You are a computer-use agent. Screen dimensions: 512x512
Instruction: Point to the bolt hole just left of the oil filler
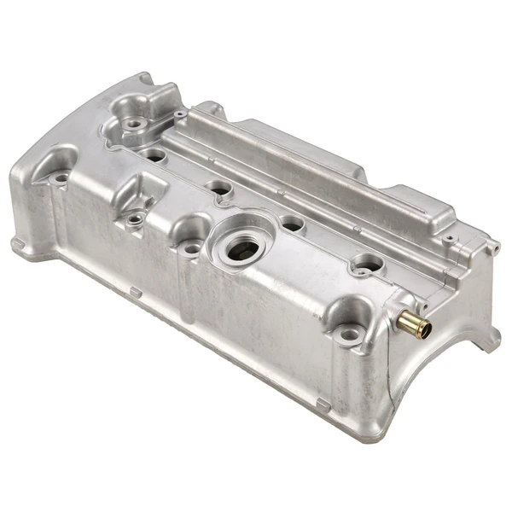coord(191,248)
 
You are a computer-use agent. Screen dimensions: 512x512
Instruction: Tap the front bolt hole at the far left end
coord(61,179)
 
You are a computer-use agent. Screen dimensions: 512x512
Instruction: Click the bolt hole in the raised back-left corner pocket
coord(133,125)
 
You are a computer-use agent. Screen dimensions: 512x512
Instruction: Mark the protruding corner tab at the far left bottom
coord(19,244)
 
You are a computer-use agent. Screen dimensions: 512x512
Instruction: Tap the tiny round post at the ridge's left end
coord(180,113)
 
